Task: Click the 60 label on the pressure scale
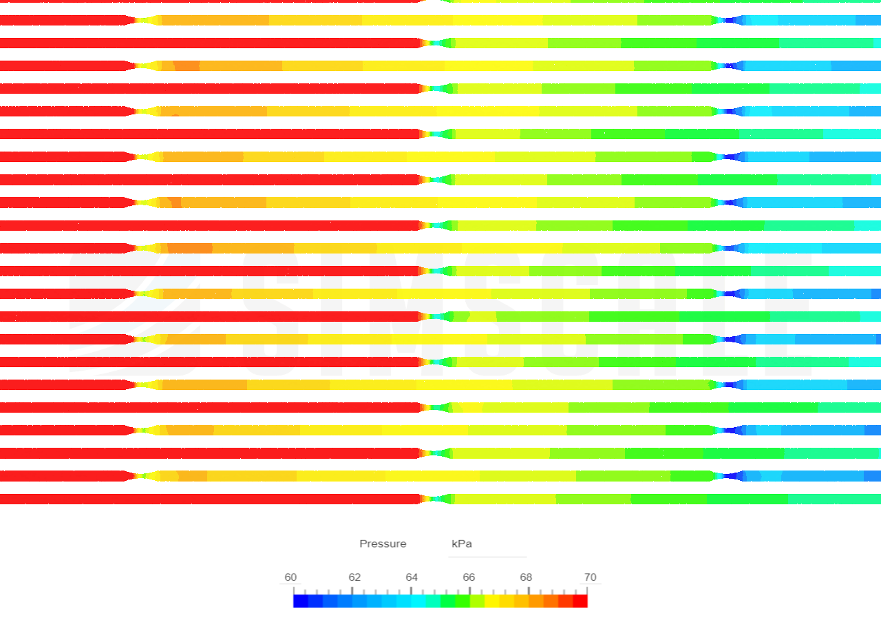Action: [x=290, y=577]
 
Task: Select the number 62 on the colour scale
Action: [x=354, y=577]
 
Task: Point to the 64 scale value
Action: [x=412, y=577]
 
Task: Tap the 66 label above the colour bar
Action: [x=469, y=577]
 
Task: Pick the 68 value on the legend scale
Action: [x=526, y=577]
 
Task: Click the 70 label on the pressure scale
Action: [x=590, y=577]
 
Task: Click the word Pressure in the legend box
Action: [x=383, y=544]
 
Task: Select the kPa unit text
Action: [x=462, y=544]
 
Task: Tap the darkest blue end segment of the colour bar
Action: [x=300, y=601]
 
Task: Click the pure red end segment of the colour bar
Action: [x=581, y=601]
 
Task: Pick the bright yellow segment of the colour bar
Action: [x=492, y=601]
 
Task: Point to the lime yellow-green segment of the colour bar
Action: [x=477, y=601]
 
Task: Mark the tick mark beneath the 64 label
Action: [x=412, y=589]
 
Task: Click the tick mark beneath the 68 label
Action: [x=529, y=589]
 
